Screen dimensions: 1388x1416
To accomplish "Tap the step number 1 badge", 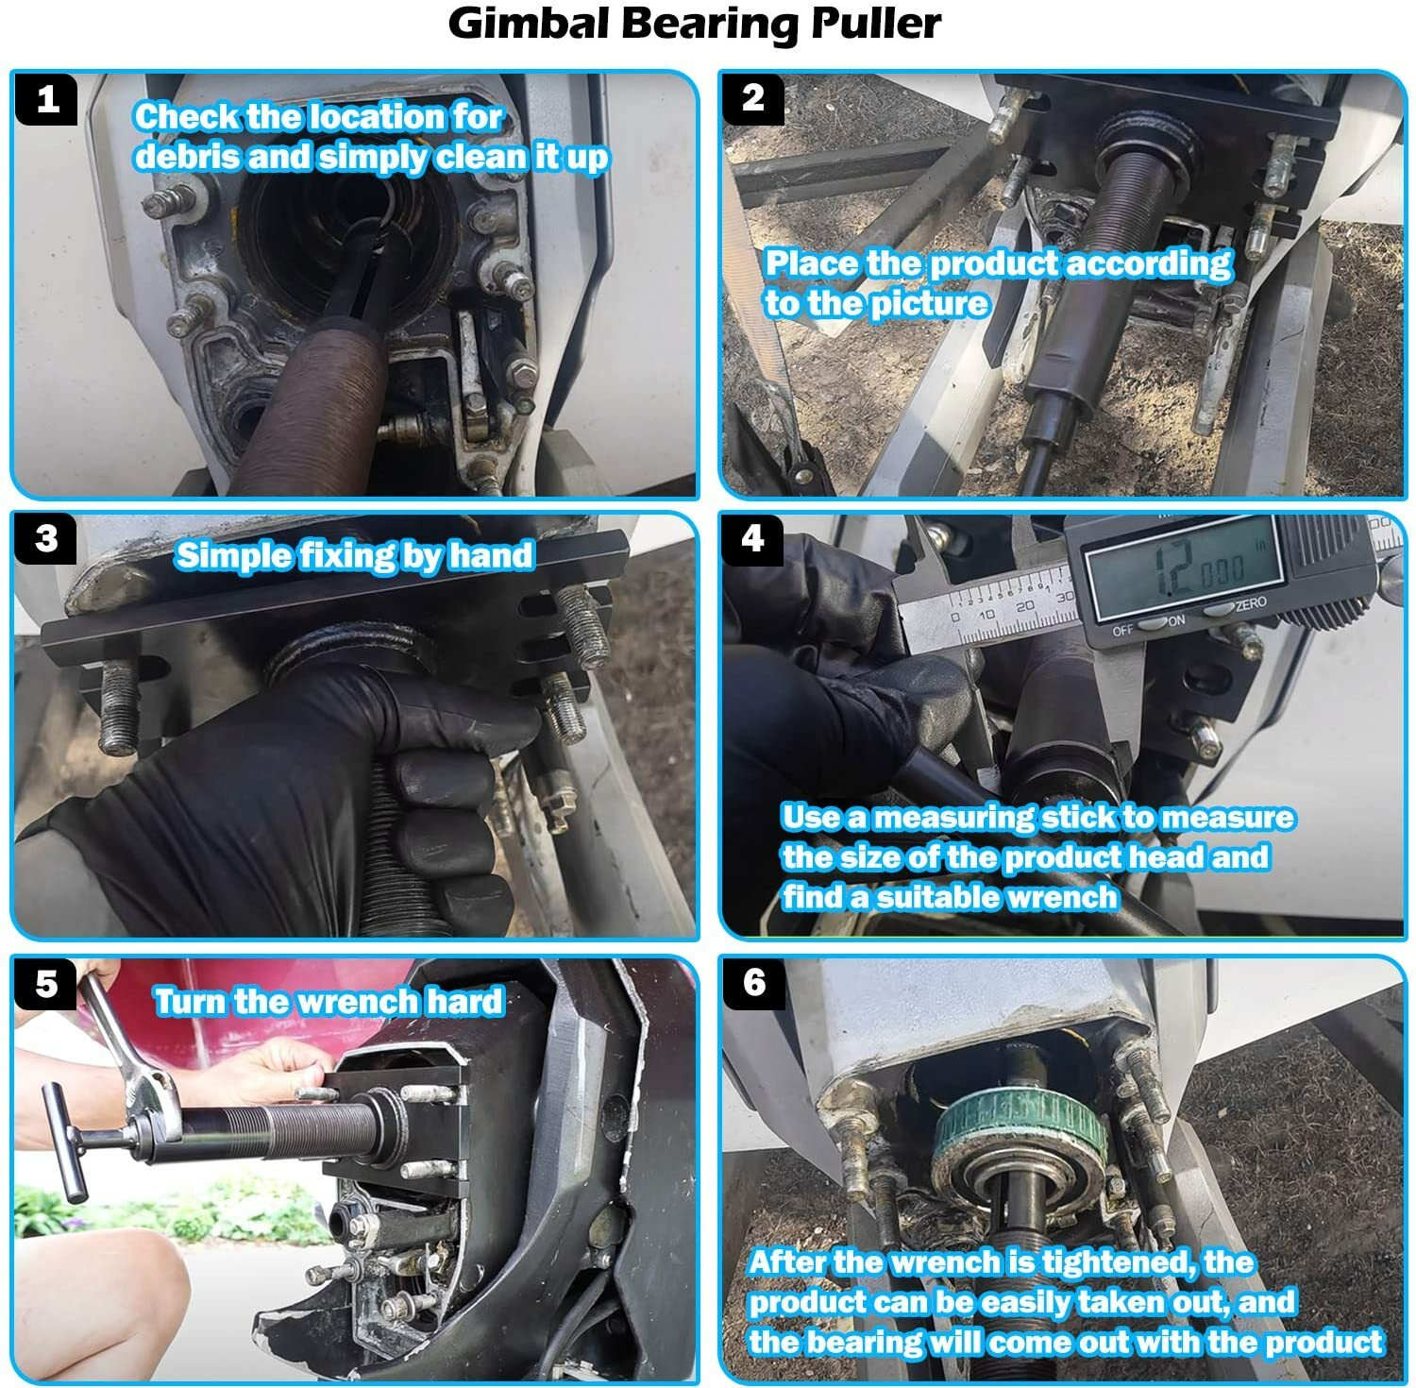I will (x=47, y=99).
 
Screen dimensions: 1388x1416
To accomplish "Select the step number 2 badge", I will (x=752, y=98).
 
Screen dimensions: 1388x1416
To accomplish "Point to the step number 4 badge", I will (x=752, y=538).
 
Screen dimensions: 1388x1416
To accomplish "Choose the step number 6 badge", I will (x=753, y=982).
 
